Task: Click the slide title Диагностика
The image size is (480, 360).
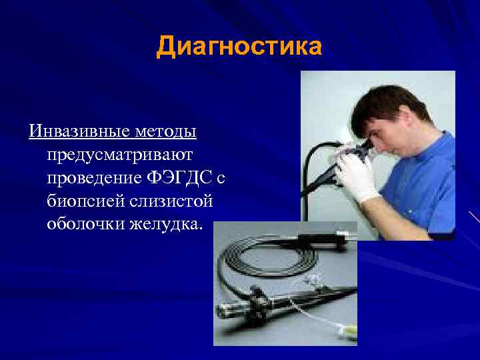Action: (239, 47)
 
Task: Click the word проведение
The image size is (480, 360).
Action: (94, 178)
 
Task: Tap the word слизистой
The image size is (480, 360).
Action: (173, 201)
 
